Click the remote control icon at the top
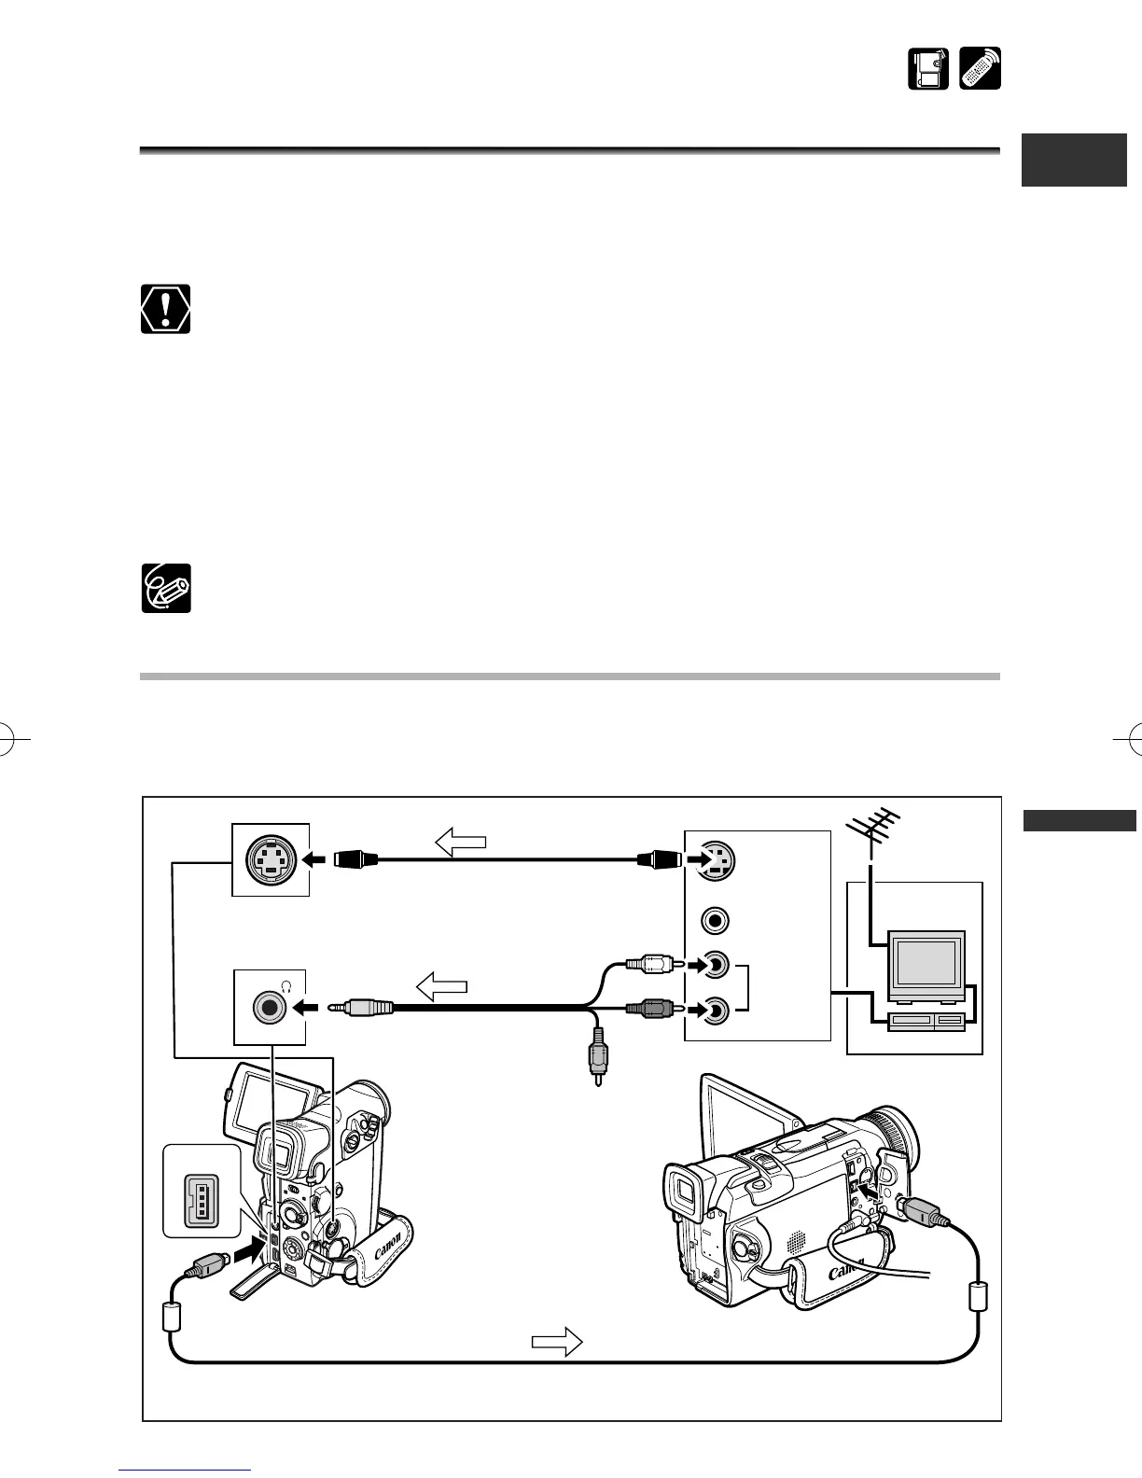pyautogui.click(x=980, y=69)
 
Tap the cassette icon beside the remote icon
pyautogui.click(x=928, y=69)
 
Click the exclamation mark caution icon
pyautogui.click(x=166, y=309)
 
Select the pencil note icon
pyautogui.click(x=166, y=588)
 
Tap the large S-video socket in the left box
pyautogui.click(x=271, y=859)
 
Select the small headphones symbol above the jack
pyautogui.click(x=287, y=983)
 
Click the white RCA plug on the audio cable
pyautogui.click(x=645, y=963)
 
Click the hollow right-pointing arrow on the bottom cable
pyautogui.click(x=557, y=1343)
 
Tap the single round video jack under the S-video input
pyautogui.click(x=716, y=920)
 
